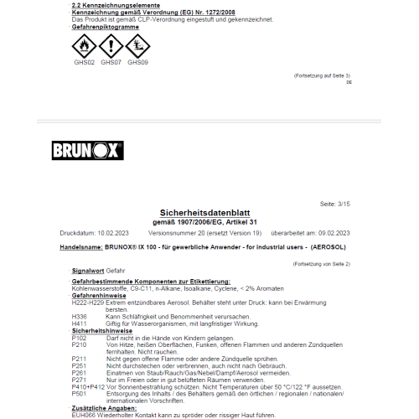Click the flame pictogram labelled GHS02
click(84, 45)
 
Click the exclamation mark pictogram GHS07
click(110, 45)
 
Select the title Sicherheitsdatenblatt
click(209, 213)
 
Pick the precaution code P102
click(80, 337)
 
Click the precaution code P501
click(80, 392)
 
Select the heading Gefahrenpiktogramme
click(104, 27)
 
